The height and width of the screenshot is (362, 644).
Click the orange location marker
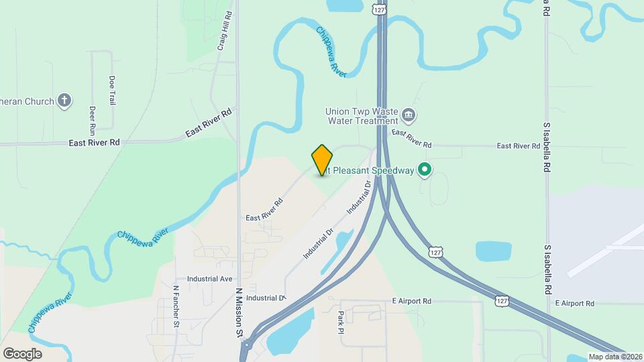coord(322,160)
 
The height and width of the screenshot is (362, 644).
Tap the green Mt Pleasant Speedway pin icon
coord(424,170)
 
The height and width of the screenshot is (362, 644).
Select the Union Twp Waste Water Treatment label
coord(362,117)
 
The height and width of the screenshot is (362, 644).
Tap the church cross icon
coord(64,101)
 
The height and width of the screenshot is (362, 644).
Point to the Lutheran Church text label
coord(27,101)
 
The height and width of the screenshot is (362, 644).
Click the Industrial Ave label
coord(210,278)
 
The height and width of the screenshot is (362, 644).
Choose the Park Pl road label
coord(341,322)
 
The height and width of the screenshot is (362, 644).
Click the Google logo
coord(23,353)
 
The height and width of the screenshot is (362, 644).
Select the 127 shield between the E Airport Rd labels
coord(502,301)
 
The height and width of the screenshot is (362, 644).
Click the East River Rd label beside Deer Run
coord(95,142)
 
